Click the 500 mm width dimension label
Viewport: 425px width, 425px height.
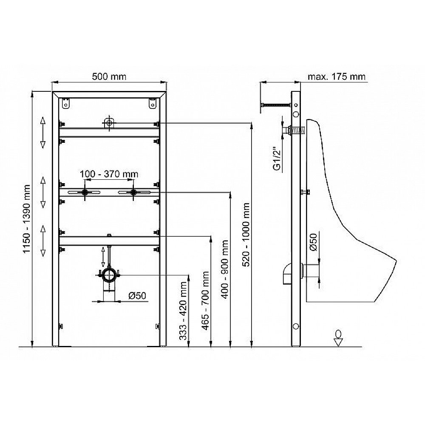pyautogui.click(x=109, y=76)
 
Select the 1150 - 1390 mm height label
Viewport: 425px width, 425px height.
pyautogui.click(x=26, y=219)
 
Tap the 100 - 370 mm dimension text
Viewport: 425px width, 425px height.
pyautogui.click(x=109, y=174)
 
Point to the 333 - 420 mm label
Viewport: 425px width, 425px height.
pyautogui.click(x=183, y=311)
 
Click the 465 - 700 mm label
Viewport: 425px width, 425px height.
pyautogui.click(x=205, y=300)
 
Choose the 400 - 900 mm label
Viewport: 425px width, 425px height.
pyautogui.click(x=225, y=269)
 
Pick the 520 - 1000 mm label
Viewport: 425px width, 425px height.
pyautogui.click(x=246, y=235)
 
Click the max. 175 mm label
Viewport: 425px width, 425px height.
pyautogui.click(x=336, y=76)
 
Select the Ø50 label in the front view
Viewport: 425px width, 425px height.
pyautogui.click(x=137, y=295)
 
